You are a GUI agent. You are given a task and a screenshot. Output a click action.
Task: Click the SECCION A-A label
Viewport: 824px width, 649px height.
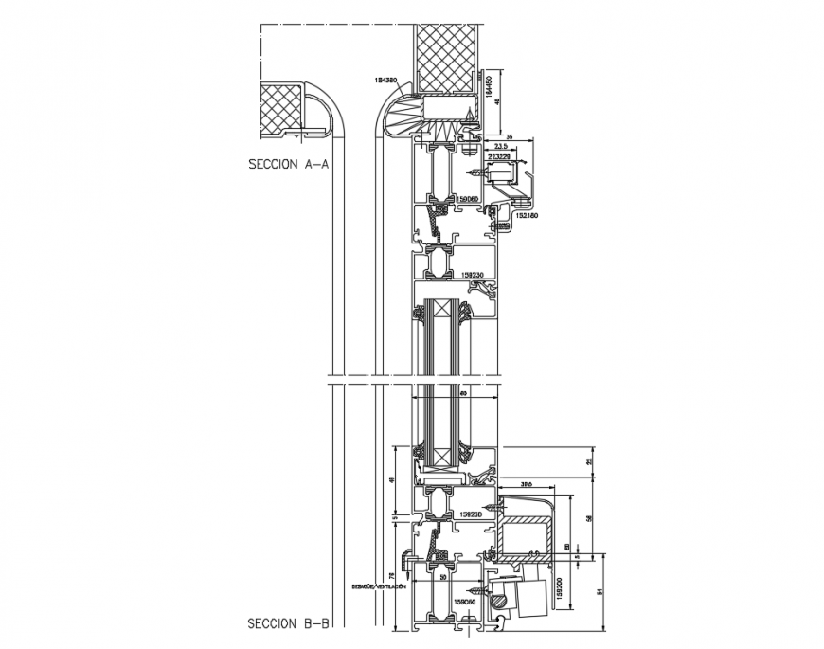point(288,164)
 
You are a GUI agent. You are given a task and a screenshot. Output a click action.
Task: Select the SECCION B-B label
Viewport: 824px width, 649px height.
point(288,624)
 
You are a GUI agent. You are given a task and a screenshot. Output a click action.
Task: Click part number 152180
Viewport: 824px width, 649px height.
point(527,216)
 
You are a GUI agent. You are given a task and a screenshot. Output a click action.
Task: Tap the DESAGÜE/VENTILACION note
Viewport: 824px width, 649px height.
point(379,586)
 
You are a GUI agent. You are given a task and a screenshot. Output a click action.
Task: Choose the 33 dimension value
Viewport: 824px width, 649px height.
point(589,461)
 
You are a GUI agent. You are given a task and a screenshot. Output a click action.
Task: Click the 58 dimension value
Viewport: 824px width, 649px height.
point(588,518)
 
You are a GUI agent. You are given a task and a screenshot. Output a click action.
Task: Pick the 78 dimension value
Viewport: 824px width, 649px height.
point(393,576)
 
